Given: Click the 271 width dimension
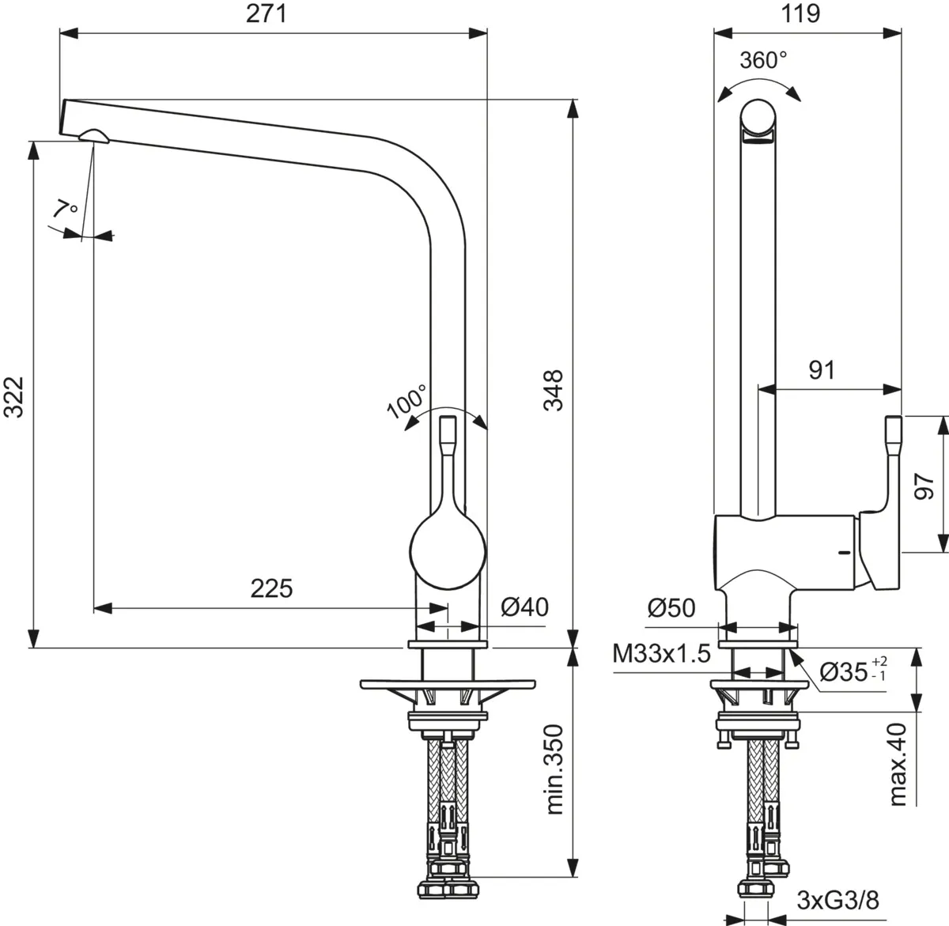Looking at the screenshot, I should pos(266,13).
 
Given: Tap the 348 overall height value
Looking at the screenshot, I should pos(553,390).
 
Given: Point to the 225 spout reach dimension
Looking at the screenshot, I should pos(271,588).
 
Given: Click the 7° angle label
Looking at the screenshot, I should pos(66,210).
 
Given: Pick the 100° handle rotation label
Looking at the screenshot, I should pos(406,402).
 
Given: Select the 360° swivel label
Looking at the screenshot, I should pos(763,60).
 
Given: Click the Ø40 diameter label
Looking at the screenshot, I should pos(524,607).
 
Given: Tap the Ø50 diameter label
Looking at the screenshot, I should pos(671,607).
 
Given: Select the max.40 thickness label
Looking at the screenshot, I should pos(898,764).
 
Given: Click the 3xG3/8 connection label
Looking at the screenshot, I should pos(837,899).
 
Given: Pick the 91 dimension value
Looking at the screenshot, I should pos(822,369).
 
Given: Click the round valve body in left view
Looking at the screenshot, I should pos(447,551).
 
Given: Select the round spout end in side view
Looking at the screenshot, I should pos(759,119).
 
